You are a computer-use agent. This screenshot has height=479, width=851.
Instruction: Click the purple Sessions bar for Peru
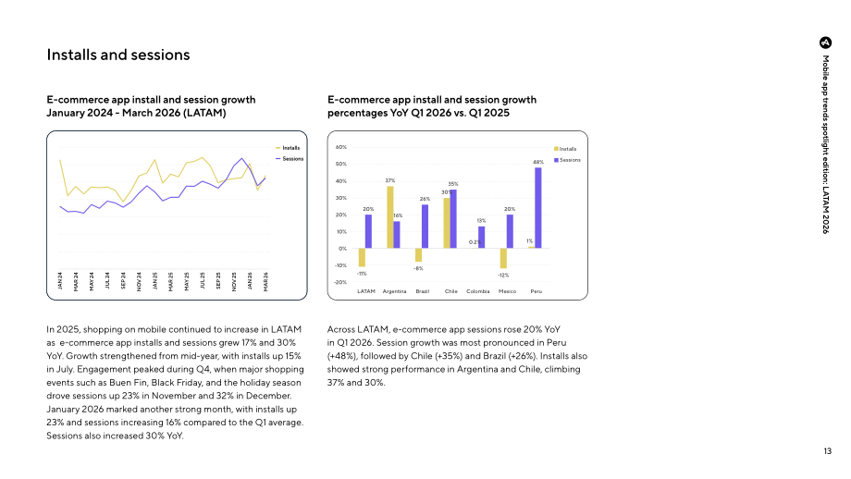[537, 208]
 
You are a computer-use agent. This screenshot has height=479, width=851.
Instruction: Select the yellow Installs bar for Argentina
[390, 217]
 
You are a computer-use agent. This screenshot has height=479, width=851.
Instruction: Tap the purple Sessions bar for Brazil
[425, 227]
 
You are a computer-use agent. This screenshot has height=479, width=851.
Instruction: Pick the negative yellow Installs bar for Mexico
[503, 258]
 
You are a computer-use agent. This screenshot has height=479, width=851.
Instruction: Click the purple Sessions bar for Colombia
[481, 237]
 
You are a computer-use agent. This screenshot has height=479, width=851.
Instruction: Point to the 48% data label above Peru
[537, 162]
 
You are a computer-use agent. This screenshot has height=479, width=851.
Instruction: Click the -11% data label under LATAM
[362, 274]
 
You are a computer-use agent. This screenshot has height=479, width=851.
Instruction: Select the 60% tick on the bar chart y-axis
[340, 147]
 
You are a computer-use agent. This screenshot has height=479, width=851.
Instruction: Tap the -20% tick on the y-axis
[340, 282]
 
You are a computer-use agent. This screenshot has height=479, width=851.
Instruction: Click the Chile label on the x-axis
[451, 291]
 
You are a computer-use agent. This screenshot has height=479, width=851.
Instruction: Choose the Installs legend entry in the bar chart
[565, 149]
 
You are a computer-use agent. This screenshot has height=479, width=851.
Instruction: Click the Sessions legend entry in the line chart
[290, 159]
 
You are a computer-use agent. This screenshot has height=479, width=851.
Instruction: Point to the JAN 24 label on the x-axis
[60, 281]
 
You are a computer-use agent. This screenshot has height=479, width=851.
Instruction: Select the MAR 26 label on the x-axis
[266, 281]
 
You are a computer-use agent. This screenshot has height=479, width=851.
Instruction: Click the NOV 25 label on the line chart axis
[234, 281]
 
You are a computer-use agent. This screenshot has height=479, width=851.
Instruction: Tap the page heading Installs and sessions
[118, 55]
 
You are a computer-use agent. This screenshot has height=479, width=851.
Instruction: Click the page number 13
[827, 450]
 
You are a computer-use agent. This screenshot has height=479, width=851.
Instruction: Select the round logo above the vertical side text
[825, 43]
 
